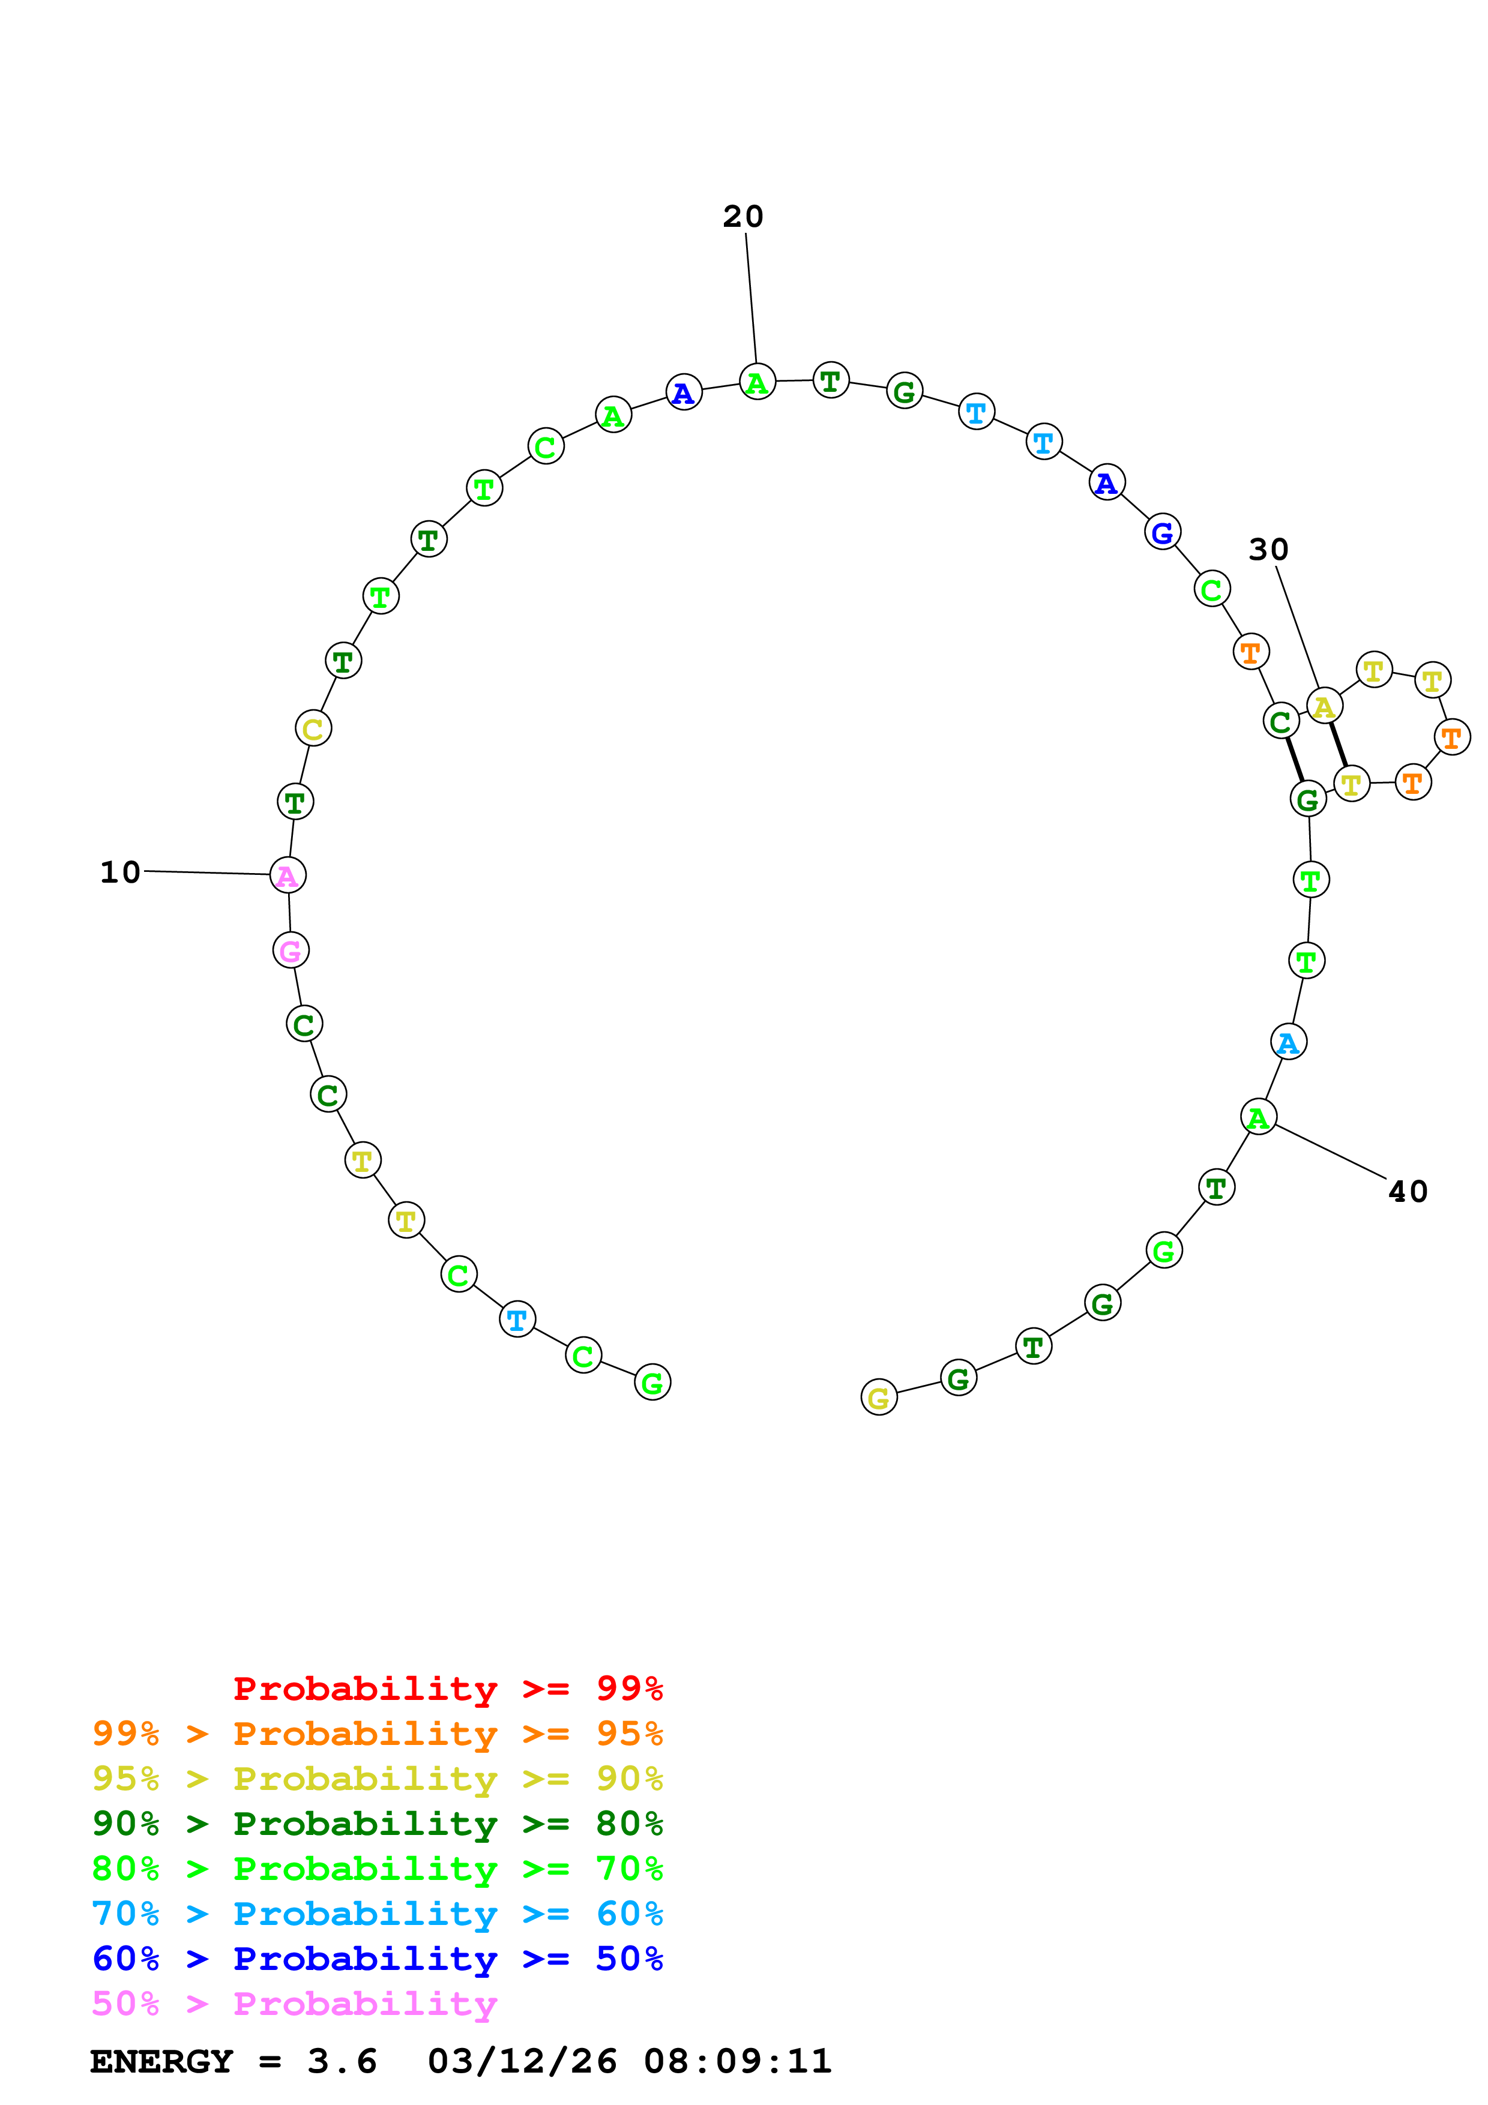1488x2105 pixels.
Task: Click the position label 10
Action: [120, 872]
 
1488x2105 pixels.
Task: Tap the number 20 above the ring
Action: [742, 217]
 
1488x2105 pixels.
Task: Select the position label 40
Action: [1408, 1191]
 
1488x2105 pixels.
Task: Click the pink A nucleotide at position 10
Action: [288, 875]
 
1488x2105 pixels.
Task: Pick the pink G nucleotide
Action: [291, 950]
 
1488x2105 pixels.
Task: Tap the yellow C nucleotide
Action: [313, 729]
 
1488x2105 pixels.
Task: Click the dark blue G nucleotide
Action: [1163, 532]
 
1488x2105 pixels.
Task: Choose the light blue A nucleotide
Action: [1288, 1042]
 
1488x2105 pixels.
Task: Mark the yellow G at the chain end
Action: [878, 1397]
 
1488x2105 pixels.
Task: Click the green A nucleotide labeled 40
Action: [1258, 1117]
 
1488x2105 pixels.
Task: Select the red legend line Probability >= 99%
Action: [447, 1689]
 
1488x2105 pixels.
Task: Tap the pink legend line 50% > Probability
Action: [294, 2004]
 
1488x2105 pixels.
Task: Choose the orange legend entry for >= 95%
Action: [377, 1734]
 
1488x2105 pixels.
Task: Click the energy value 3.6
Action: [342, 2062]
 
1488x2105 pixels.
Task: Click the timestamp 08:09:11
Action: [738, 2062]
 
